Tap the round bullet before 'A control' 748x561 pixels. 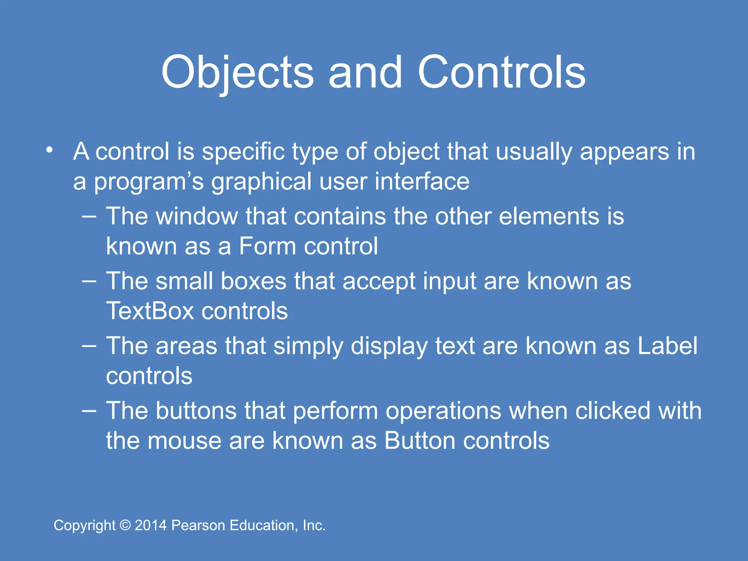[50, 150]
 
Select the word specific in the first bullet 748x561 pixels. [243, 152]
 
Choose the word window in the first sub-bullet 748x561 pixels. [197, 216]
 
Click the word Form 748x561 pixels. [267, 246]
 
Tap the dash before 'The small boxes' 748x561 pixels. [89, 281]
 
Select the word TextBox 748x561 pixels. [150, 311]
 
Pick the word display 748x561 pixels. [389, 346]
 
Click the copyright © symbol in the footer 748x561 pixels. [125, 526]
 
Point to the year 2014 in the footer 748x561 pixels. [151, 526]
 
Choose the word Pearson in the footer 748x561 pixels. [198, 526]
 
